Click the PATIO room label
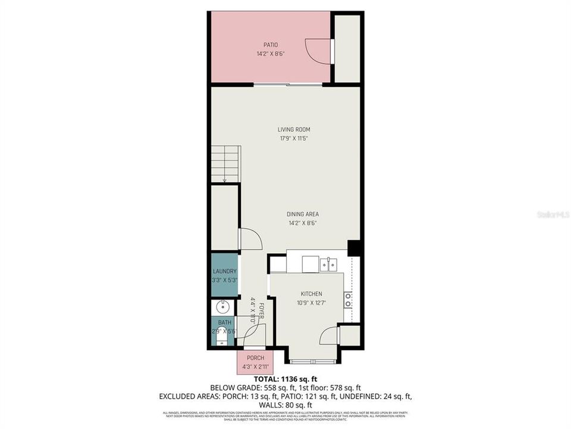click(271, 45)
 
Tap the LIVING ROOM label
click(294, 129)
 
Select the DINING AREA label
click(303, 214)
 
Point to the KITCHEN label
click(311, 294)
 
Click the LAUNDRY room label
click(225, 271)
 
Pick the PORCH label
click(255, 357)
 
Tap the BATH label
click(224, 322)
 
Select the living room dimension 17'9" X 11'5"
click(294, 139)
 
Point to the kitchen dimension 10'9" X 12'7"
click(311, 303)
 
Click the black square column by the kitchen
click(354, 248)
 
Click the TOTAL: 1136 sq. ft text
click(285, 378)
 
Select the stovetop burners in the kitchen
click(347, 299)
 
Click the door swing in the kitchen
click(329, 336)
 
